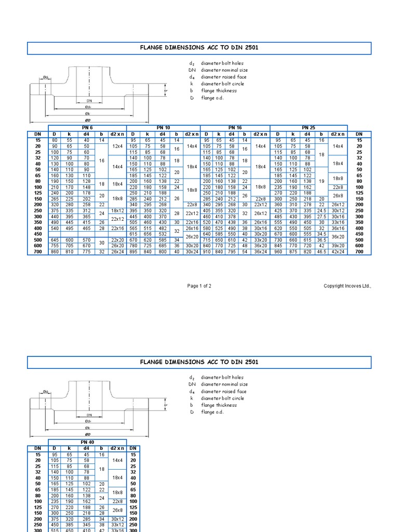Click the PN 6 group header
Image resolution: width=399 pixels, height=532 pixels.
pos(87,128)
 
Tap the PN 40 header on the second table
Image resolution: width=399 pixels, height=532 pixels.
pos(87,442)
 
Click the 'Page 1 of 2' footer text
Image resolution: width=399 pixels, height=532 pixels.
pos(199,286)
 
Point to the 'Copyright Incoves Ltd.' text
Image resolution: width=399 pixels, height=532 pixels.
pos(348,286)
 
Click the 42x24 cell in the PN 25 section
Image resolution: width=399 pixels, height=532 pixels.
pos(338,251)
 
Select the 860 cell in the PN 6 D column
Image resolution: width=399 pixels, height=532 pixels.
pos(54,251)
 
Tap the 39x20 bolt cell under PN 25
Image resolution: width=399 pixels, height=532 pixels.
pos(338,246)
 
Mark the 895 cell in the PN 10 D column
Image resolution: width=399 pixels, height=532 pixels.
pos(133,251)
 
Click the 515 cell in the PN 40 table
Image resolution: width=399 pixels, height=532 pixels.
pos(54,530)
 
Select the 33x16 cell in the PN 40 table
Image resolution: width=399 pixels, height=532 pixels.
pos(117,530)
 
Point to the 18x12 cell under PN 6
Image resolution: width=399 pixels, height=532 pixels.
pos(117,210)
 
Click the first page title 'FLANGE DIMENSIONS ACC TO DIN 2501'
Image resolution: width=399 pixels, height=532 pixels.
pos(199,48)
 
